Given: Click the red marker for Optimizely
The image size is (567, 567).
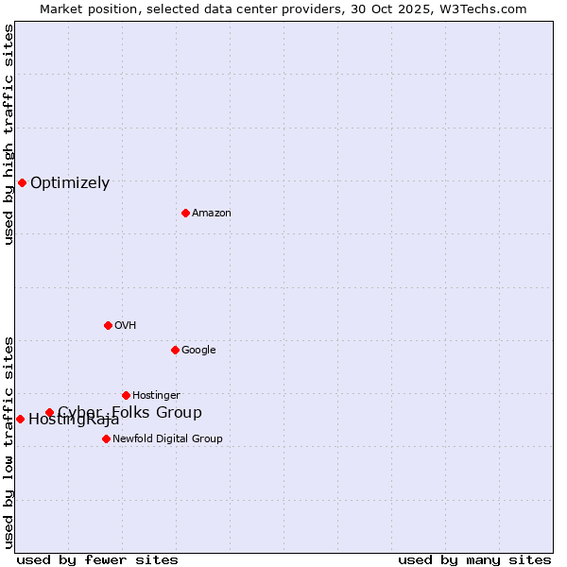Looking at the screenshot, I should [22, 182].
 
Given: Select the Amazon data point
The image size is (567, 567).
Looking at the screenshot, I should [185, 213].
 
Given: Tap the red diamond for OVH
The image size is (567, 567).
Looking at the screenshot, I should [108, 325].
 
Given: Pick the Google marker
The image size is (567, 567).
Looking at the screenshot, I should [175, 350].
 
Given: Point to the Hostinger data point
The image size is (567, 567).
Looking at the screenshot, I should [126, 395].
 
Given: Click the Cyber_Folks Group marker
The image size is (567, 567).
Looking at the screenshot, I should [49, 412].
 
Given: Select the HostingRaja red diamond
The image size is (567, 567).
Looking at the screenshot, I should [20, 419].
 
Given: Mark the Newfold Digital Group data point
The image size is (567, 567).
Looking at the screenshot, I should [106, 438].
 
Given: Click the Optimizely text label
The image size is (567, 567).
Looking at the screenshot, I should [70, 183].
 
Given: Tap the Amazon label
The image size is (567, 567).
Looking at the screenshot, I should [212, 214].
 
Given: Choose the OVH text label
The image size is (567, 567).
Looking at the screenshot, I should [126, 326].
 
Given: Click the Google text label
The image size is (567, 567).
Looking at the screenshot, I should [198, 351].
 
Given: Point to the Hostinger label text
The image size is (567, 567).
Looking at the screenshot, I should [156, 396].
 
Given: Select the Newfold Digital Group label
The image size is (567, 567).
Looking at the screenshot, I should [167, 439].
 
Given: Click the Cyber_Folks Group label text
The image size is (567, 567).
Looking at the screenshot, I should [129, 412].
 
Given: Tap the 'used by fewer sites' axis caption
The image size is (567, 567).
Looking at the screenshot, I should [97, 559].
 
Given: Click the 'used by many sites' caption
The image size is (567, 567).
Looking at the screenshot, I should [474, 559].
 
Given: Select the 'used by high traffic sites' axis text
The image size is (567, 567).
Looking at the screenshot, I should [9, 134].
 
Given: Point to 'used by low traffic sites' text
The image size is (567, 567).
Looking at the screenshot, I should [9, 441].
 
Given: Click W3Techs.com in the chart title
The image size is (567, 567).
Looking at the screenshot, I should [484, 9].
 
